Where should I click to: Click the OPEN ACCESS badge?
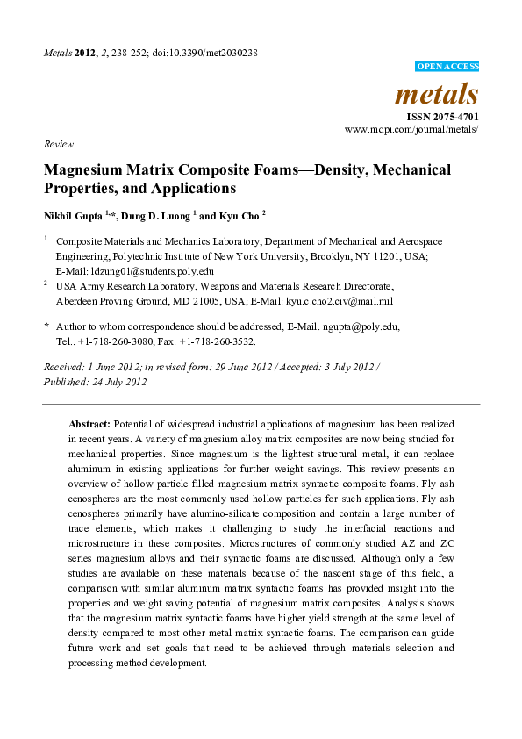tap(446, 67)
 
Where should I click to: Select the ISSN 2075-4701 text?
tap(442, 116)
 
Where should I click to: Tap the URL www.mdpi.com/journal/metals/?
tap(411, 129)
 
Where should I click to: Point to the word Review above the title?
tap(59, 144)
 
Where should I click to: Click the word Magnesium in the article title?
tap(84, 169)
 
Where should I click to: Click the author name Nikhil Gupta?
tap(73, 214)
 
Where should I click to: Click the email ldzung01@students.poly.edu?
tap(134, 271)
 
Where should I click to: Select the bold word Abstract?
tap(89, 423)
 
